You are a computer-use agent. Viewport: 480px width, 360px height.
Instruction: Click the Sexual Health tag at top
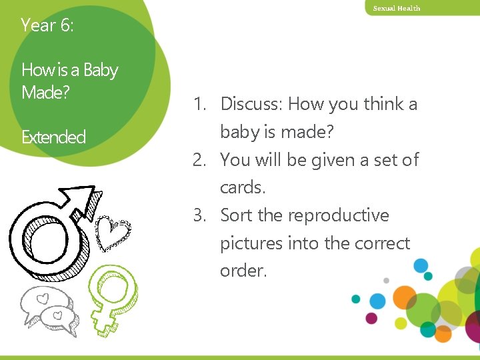pos(397,8)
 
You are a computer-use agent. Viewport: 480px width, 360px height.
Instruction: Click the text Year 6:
pos(47,25)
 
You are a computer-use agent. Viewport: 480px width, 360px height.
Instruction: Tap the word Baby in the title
pos(101,70)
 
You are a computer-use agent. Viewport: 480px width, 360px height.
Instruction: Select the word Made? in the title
pos(45,92)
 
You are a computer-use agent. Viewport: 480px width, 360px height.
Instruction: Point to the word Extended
pos(53,137)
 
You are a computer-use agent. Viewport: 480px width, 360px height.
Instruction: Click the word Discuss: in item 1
pos(251,104)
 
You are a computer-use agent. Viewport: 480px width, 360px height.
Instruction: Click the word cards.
pos(243,188)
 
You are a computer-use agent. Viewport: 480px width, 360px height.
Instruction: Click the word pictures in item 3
pos(251,244)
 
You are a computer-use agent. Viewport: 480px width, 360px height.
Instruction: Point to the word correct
pos(384,244)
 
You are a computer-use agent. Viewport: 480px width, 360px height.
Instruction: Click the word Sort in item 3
pos(237,216)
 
